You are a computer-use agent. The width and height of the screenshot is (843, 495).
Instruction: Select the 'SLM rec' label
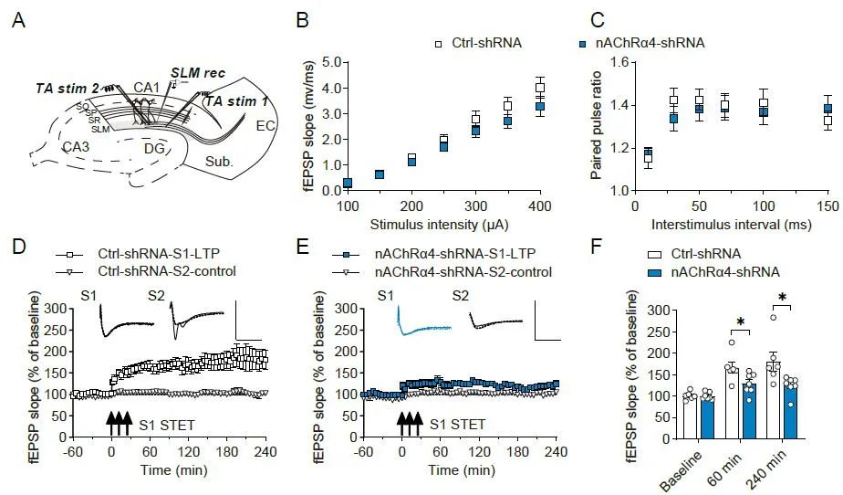click(198, 72)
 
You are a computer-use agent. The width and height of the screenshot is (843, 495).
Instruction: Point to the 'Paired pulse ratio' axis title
click(596, 125)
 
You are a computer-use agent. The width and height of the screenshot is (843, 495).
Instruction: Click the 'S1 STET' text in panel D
click(164, 424)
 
